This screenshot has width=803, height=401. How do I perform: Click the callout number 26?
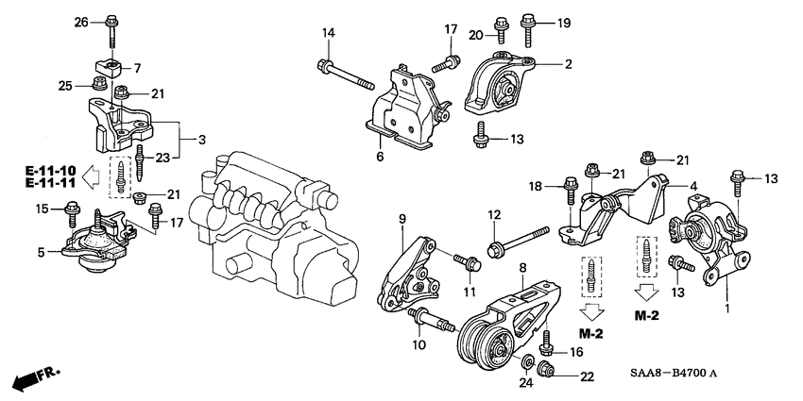[80, 22]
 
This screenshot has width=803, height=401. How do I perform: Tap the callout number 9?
[401, 220]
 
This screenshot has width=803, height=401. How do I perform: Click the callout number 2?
[569, 64]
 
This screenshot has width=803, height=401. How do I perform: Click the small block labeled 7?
[111, 69]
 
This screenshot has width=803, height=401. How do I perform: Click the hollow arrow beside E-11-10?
[93, 175]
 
